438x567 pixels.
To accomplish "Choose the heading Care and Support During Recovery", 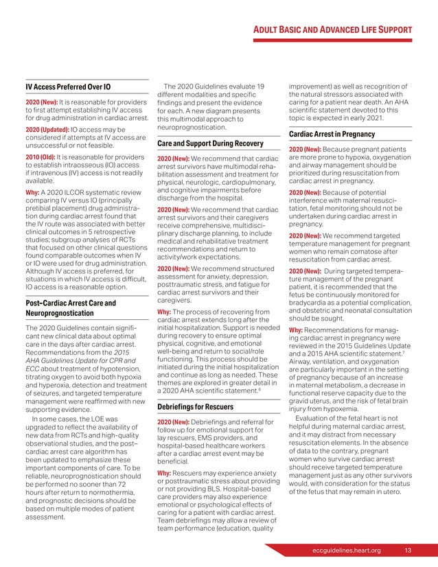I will tap(210, 143).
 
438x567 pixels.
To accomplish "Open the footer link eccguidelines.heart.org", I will tap(346, 549).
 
